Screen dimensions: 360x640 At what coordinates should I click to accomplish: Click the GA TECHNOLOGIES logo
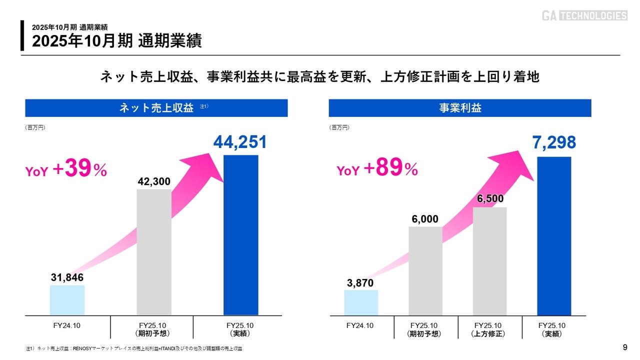584,15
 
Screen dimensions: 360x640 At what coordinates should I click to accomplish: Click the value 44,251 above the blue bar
240,142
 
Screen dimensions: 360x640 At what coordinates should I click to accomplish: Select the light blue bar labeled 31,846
67,300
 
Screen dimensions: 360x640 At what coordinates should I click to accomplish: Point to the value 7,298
554,143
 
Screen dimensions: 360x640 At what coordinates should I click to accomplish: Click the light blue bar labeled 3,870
361,302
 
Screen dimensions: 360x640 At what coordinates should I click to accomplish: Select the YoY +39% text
66,169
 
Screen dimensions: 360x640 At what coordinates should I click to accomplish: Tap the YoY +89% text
377,169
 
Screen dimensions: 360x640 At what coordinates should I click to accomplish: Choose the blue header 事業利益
460,108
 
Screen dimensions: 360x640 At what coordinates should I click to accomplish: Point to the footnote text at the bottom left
137,348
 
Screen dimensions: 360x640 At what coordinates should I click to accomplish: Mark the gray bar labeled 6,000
425,270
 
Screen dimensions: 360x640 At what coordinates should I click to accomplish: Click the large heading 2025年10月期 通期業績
117,41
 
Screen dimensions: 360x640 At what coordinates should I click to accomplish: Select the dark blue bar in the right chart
554,235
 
